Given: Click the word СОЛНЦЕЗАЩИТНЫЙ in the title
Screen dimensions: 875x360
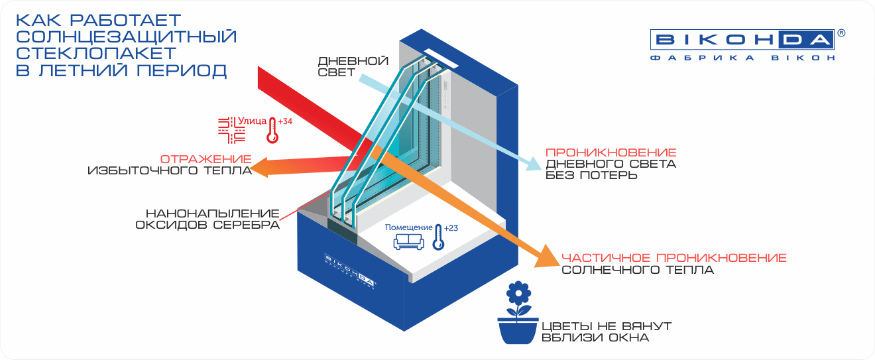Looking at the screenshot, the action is point(126,36).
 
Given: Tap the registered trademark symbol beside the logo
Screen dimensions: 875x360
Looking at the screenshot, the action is point(841,33).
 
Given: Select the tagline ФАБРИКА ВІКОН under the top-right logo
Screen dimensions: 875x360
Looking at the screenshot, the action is point(742,58).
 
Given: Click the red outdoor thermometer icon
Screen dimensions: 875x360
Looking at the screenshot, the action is point(272,131).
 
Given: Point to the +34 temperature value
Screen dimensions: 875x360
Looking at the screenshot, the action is point(285,121).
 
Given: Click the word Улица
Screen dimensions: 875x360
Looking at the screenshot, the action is point(253,121).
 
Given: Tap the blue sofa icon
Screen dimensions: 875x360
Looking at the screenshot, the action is point(408,242).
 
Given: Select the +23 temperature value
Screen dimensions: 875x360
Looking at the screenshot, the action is point(451,228).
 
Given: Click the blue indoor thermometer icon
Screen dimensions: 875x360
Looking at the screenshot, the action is point(438,237).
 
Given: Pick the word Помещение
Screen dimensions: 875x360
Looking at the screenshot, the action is point(408,227).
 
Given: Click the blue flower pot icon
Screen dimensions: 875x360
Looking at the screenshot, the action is point(518,313).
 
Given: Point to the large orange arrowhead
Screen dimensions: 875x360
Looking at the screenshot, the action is point(548,257).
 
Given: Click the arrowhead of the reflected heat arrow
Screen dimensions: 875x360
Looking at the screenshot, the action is point(259,167).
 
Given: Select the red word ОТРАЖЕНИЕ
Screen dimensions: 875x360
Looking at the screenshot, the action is point(206,160).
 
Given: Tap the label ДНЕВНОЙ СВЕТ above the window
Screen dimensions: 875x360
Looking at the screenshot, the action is point(353,67).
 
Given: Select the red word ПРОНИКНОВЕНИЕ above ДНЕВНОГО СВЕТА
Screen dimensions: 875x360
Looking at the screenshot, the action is point(611,152).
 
